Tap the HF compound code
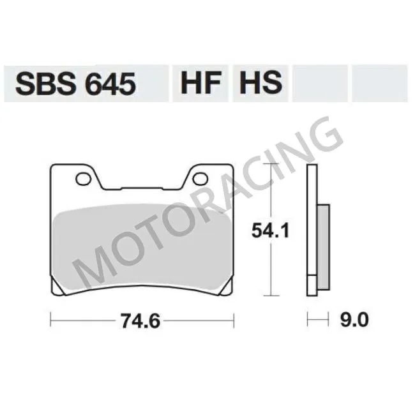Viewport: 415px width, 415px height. (199, 84)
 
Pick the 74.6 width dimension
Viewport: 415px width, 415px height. (141, 319)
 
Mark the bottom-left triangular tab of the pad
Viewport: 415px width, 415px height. (59, 289)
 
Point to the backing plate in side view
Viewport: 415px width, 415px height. (312, 230)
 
